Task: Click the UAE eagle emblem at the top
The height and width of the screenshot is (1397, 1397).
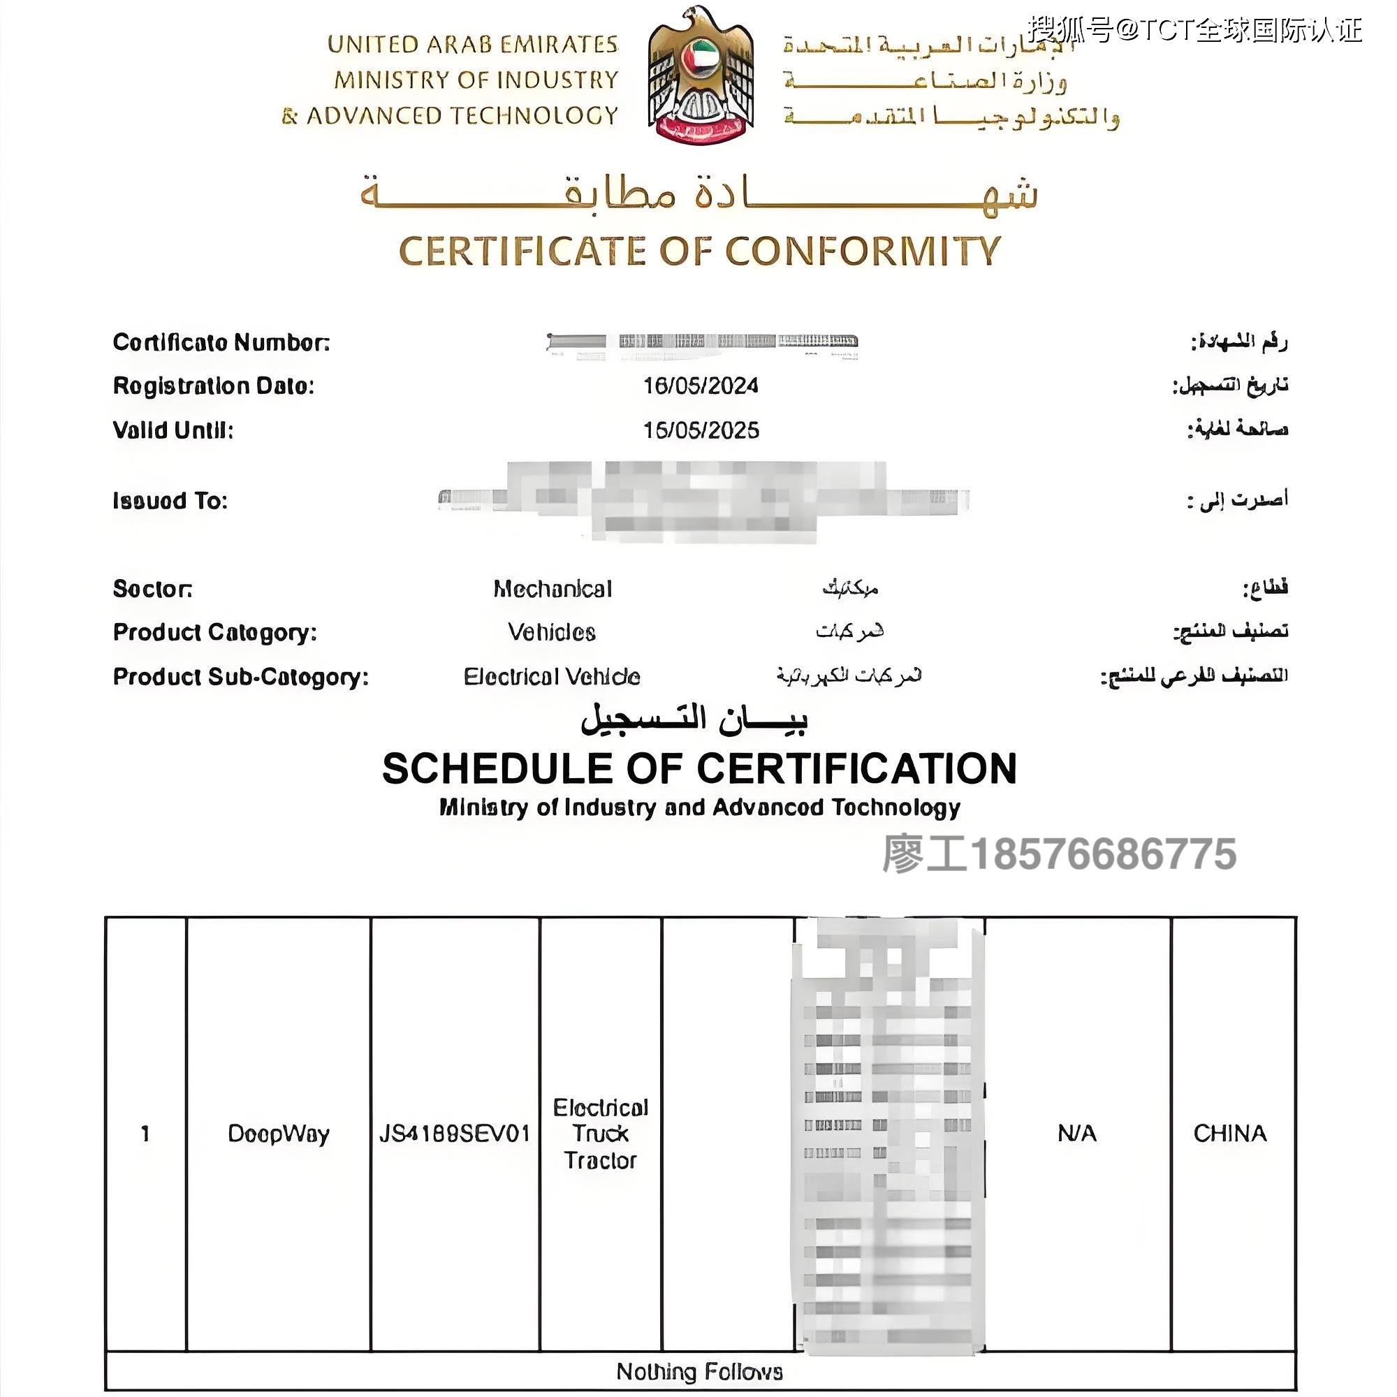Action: click(700, 76)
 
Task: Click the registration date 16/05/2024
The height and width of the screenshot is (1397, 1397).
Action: click(701, 386)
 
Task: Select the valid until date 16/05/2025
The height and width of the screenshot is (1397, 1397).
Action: click(701, 430)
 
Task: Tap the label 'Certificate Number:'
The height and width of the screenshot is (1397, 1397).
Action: click(221, 342)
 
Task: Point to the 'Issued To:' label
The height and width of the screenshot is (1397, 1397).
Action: click(170, 500)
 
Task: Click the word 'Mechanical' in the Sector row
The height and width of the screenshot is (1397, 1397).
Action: click(553, 589)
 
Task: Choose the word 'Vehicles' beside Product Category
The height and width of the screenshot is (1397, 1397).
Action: click(552, 632)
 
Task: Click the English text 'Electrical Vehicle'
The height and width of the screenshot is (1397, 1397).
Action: click(552, 677)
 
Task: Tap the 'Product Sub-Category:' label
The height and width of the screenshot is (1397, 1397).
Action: click(241, 677)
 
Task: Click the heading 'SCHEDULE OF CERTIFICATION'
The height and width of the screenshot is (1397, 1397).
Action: click(699, 768)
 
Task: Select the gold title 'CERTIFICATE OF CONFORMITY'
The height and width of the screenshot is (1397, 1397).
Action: click(699, 251)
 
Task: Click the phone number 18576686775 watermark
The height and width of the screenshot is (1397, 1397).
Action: click(1103, 854)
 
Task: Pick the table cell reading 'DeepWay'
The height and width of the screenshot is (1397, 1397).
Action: click(279, 1133)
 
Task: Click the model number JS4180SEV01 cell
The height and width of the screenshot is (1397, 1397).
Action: click(455, 1133)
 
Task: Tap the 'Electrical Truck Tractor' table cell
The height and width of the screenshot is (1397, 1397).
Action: click(600, 1134)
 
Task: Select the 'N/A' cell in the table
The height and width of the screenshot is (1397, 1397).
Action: click(1076, 1133)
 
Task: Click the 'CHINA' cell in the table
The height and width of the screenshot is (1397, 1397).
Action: click(1230, 1133)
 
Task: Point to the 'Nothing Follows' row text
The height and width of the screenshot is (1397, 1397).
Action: click(699, 1372)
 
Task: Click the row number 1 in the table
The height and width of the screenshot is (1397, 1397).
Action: click(145, 1133)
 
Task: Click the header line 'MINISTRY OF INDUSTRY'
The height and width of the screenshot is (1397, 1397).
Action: click(476, 80)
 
